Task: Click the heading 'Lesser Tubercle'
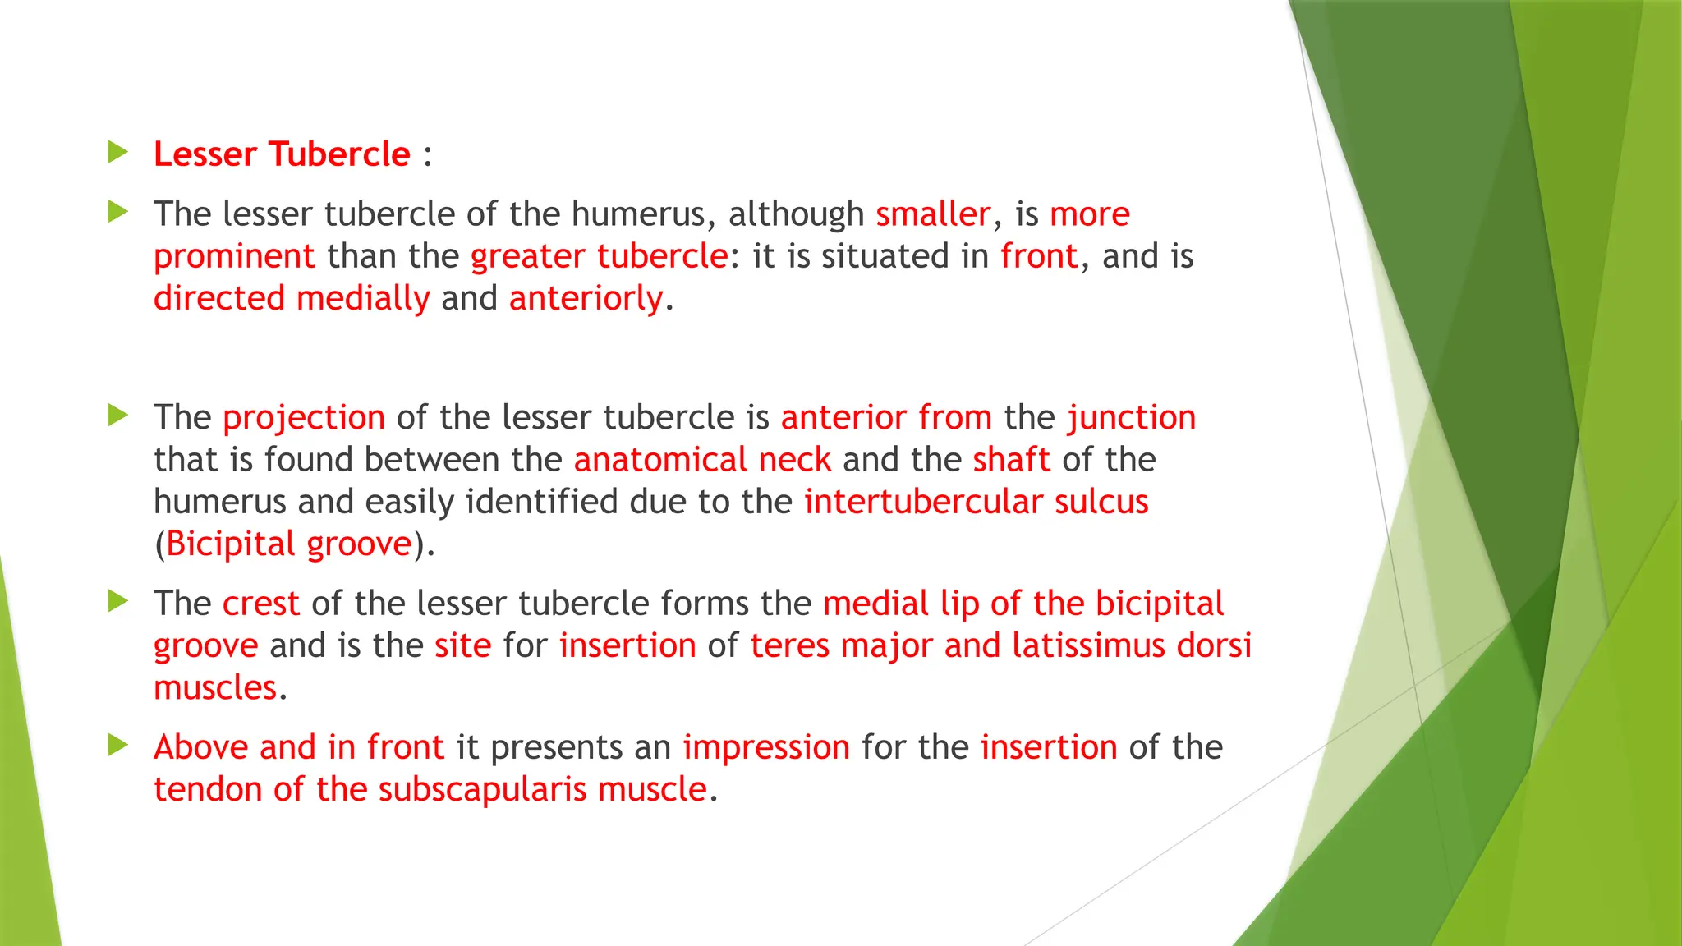coord(282,154)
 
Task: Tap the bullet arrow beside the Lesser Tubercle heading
coord(118,152)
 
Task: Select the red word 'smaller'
coord(933,214)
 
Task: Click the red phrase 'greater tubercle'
coord(599,256)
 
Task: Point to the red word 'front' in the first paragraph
coord(1038,256)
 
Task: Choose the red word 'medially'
coord(362,298)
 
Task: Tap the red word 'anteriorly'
coord(586,298)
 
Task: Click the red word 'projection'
coord(304,418)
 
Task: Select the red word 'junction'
coord(1131,418)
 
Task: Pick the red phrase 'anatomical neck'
coord(702,460)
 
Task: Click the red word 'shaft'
coord(1011,460)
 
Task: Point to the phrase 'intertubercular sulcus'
coord(976,502)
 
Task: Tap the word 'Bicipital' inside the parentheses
coord(230,544)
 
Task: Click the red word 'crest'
coord(260,604)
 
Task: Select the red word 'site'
coord(462,645)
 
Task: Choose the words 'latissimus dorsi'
coord(1131,645)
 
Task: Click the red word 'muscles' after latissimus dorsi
coord(215,688)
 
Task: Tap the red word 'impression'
coord(765,747)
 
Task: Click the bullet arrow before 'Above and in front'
coord(118,745)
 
